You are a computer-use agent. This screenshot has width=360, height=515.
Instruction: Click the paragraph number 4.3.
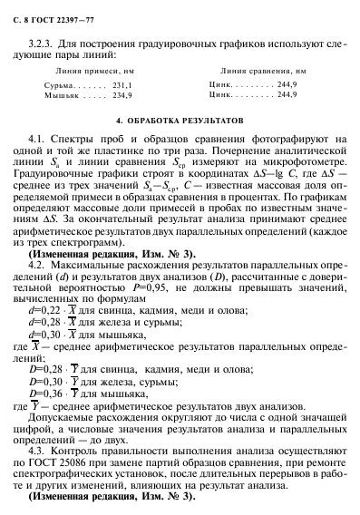(41, 450)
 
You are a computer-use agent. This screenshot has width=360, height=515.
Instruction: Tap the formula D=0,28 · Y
(54, 364)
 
